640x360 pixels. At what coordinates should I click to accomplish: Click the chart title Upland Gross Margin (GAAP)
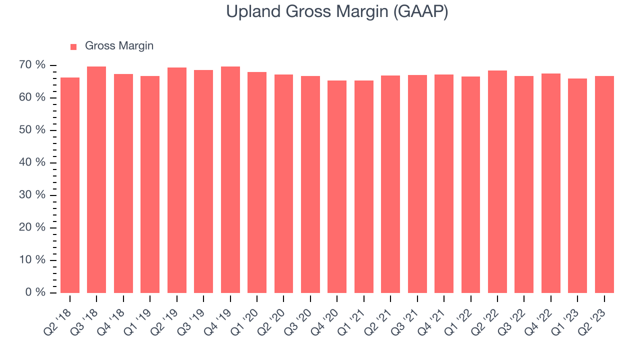pyautogui.click(x=337, y=12)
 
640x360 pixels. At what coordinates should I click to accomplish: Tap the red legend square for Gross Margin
pyautogui.click(x=73, y=47)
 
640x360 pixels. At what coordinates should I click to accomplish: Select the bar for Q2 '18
pyautogui.click(x=70, y=185)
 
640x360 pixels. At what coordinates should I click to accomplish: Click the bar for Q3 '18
pyautogui.click(x=96, y=179)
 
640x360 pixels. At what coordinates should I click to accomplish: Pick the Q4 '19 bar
pyautogui.click(x=230, y=179)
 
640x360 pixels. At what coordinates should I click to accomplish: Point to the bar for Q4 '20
pyautogui.click(x=337, y=186)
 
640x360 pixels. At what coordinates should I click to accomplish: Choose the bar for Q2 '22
pyautogui.click(x=497, y=181)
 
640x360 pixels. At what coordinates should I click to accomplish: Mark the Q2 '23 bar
pyautogui.click(x=604, y=184)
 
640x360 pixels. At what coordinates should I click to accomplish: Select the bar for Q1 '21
pyautogui.click(x=364, y=186)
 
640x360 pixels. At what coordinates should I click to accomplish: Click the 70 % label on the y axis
pyautogui.click(x=32, y=65)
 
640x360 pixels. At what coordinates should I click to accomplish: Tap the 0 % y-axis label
pyautogui.click(x=35, y=292)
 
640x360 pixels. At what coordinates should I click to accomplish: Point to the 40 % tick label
pyautogui.click(x=32, y=162)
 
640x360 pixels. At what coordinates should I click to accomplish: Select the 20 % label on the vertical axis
pyautogui.click(x=32, y=227)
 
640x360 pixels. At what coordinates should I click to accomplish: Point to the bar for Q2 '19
pyautogui.click(x=177, y=180)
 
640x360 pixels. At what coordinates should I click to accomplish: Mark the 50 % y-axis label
pyautogui.click(x=32, y=130)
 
